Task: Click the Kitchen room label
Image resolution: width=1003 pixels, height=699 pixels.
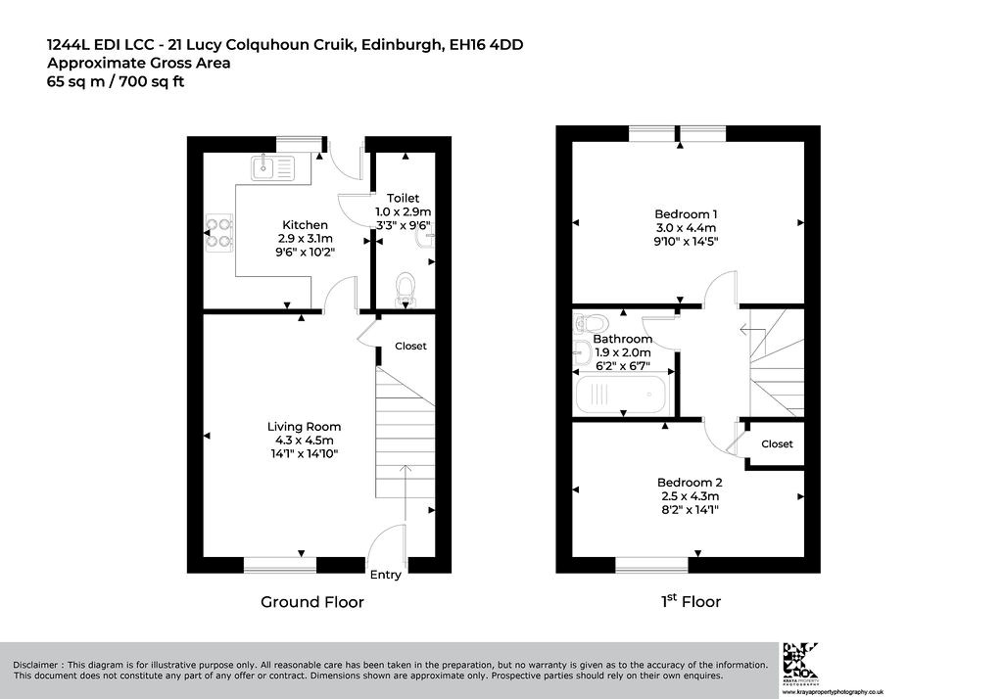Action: (x=306, y=225)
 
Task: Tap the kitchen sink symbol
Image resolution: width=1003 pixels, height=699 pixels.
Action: (x=273, y=168)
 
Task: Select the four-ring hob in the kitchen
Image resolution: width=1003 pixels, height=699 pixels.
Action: (x=218, y=233)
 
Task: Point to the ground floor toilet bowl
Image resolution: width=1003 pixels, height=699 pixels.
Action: (x=406, y=289)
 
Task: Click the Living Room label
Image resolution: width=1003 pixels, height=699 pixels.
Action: (x=304, y=427)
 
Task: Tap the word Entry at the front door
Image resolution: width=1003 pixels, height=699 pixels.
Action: (x=386, y=575)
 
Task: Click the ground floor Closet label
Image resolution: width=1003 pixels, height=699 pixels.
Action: (x=410, y=346)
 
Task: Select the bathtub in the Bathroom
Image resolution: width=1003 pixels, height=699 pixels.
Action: (x=621, y=395)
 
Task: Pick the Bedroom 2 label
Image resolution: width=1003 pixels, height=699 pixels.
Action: (x=690, y=483)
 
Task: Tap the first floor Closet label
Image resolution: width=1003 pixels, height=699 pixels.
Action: (x=777, y=443)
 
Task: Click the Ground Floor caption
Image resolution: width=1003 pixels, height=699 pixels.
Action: (x=312, y=602)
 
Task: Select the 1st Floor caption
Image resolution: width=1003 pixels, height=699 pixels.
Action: (x=691, y=601)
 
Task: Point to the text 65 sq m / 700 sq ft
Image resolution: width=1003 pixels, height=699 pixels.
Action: (x=116, y=82)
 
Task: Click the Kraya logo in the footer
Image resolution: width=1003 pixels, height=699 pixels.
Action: (x=801, y=661)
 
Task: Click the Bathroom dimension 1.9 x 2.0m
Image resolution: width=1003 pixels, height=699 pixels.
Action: (x=622, y=352)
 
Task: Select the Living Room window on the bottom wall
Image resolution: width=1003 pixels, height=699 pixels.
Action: (x=280, y=565)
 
